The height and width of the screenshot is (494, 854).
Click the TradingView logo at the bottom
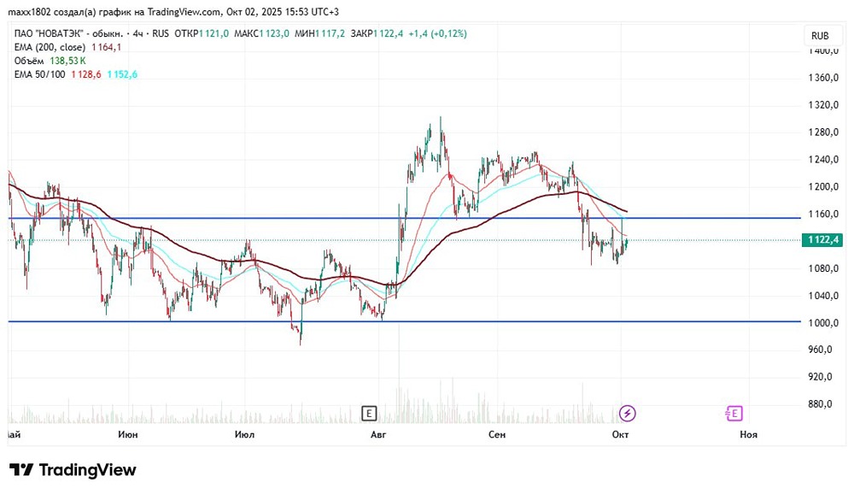[x=73, y=470]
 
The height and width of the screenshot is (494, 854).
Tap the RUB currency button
[x=820, y=35]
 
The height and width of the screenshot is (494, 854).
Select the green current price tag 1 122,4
[x=822, y=240]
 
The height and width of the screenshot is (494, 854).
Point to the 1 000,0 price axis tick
[x=823, y=323]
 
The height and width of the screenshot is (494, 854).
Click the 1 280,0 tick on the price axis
[x=823, y=132]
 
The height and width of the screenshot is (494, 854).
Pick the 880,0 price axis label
[x=820, y=404]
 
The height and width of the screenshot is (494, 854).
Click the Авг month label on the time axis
[x=378, y=434]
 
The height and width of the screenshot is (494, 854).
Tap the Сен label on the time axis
[x=497, y=434]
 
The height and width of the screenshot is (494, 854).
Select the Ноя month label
[x=748, y=434]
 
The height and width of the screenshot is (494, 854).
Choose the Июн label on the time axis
[x=128, y=434]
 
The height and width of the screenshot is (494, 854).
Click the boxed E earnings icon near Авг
[x=369, y=414]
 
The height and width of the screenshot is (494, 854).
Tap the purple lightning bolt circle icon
[x=628, y=414]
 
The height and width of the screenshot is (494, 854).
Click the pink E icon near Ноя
[x=734, y=414]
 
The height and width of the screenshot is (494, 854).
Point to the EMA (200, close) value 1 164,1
[x=106, y=48]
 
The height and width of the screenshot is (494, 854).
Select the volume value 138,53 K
[x=67, y=61]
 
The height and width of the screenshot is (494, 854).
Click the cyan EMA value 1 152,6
[x=122, y=74]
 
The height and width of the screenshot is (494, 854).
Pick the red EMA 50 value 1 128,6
[x=86, y=74]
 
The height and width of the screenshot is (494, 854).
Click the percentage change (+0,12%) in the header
[x=449, y=34]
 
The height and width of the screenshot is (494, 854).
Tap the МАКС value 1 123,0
[x=274, y=34]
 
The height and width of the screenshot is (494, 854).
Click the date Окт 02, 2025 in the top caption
[x=252, y=12]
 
